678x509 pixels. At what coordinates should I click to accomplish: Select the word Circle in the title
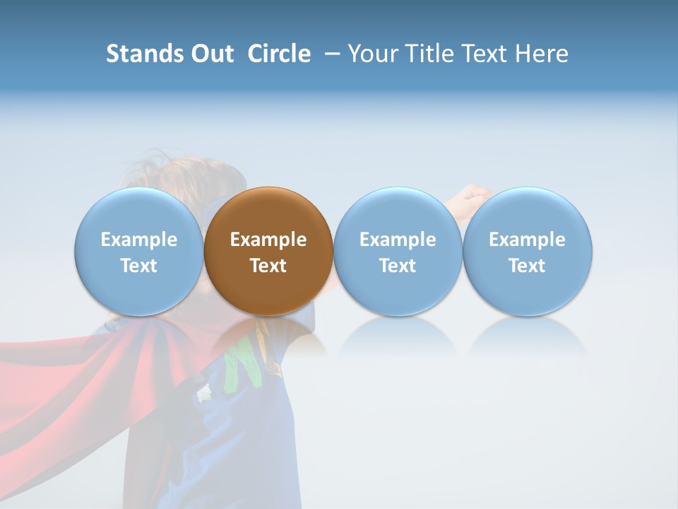pyautogui.click(x=279, y=54)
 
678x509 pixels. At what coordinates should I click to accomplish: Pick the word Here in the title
pyautogui.click(x=541, y=54)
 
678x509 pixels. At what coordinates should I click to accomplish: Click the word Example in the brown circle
pyautogui.click(x=268, y=240)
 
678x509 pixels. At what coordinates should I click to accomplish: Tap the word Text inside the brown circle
pyautogui.click(x=268, y=266)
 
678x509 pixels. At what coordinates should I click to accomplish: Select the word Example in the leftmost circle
pyautogui.click(x=138, y=240)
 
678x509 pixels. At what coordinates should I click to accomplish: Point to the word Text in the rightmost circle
pyautogui.click(x=528, y=266)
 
